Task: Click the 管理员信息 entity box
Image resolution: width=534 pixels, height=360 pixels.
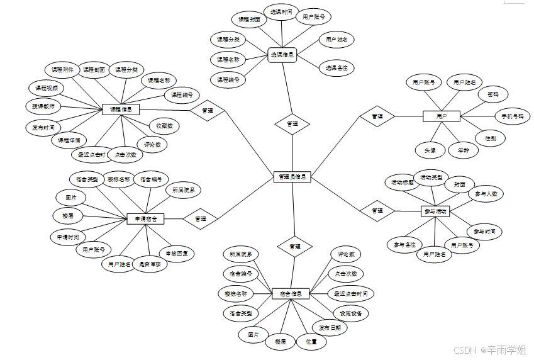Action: (292, 177)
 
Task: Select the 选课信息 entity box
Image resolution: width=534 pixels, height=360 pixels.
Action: (282, 54)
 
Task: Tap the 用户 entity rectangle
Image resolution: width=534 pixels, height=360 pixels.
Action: (442, 116)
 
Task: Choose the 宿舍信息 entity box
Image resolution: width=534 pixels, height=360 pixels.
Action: (291, 293)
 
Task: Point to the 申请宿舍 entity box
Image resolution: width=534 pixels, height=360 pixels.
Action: (145, 218)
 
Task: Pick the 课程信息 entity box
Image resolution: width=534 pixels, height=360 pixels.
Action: (120, 110)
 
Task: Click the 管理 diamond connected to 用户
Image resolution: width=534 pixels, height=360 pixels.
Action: (377, 116)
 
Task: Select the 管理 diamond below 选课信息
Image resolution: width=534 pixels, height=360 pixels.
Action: (292, 124)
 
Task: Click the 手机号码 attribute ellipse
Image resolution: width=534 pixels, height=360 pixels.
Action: (512, 116)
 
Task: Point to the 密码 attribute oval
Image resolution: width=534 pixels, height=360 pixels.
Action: (492, 95)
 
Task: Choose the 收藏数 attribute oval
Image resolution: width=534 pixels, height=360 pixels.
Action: (165, 126)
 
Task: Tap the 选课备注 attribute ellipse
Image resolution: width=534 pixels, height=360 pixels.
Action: (337, 67)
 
